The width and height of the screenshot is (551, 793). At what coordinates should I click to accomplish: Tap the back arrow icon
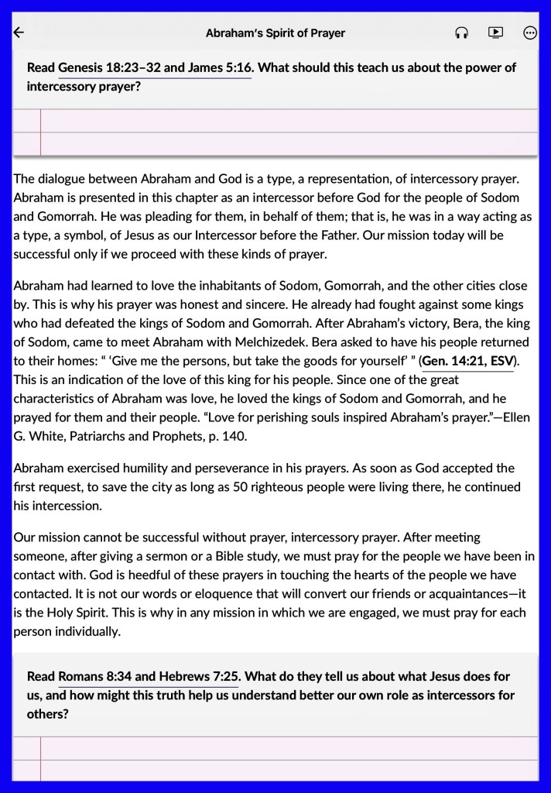coord(19,33)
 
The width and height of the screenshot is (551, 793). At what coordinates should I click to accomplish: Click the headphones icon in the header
coord(462,33)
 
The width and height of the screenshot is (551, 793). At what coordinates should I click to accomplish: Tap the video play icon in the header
coord(495,33)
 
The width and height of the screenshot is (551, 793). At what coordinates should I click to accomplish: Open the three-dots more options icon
coord(530,33)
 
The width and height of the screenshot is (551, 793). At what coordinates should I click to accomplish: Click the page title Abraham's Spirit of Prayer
coord(275,33)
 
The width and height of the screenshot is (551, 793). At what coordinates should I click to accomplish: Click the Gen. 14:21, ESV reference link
coord(467,361)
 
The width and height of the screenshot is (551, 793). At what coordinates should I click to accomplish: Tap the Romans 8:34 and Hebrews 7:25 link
coord(148,676)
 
